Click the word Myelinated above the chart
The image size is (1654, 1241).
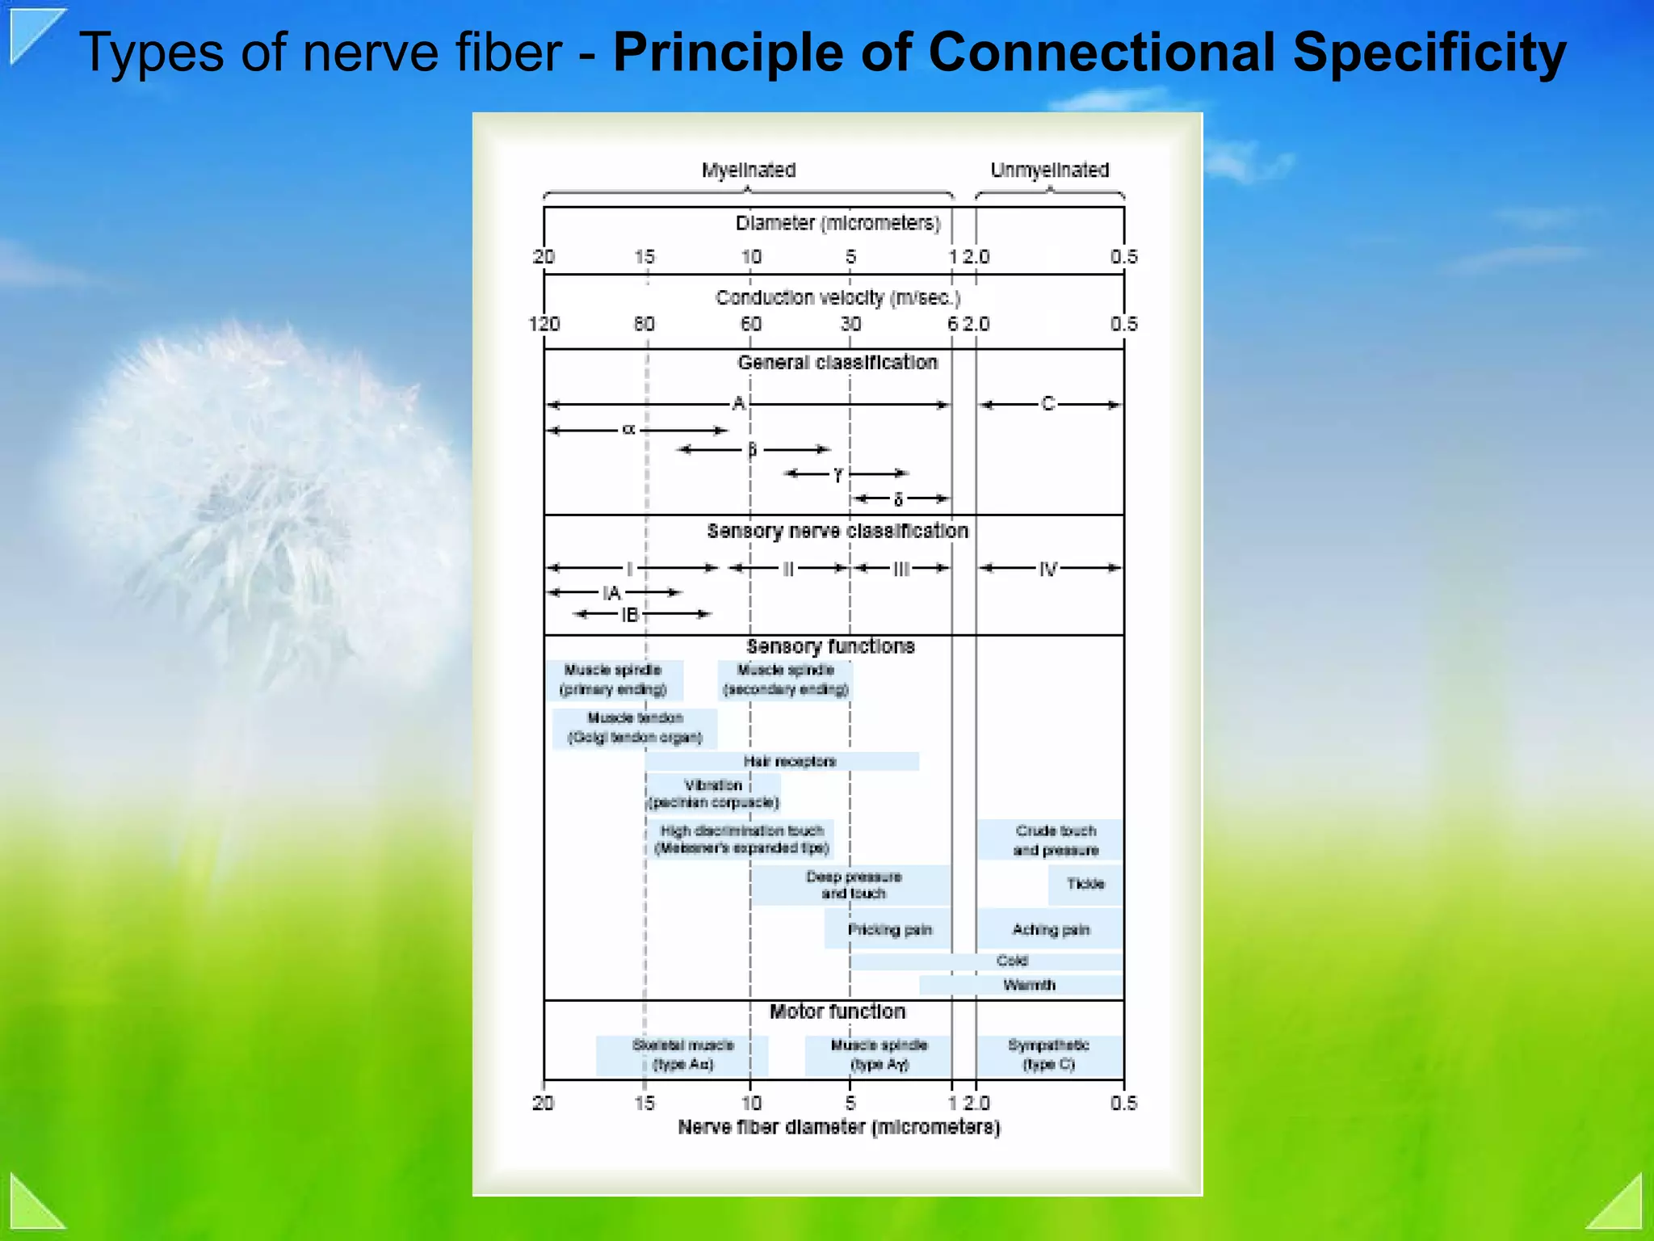click(749, 170)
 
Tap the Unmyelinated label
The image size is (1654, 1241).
click(1050, 170)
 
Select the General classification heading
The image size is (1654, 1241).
click(837, 363)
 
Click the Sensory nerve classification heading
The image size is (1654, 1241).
click(837, 531)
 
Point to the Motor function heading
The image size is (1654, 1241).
click(837, 1012)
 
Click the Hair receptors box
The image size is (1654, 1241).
click(789, 761)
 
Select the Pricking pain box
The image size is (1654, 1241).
click(889, 929)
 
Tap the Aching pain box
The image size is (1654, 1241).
click(1051, 930)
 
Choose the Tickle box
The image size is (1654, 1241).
click(1085, 884)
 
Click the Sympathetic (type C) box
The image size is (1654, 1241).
click(1049, 1055)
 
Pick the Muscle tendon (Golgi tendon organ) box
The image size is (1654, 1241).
click(636, 728)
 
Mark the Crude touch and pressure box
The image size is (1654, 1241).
click(1056, 840)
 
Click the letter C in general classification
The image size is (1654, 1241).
click(1048, 404)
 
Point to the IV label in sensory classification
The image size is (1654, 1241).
click(1048, 569)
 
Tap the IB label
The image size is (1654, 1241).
click(630, 615)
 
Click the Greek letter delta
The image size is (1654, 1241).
click(898, 499)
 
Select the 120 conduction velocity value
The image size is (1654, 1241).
click(544, 324)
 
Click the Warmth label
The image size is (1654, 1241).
click(1029, 985)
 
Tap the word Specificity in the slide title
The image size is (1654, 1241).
click(1429, 53)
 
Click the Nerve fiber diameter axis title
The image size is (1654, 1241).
click(839, 1127)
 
